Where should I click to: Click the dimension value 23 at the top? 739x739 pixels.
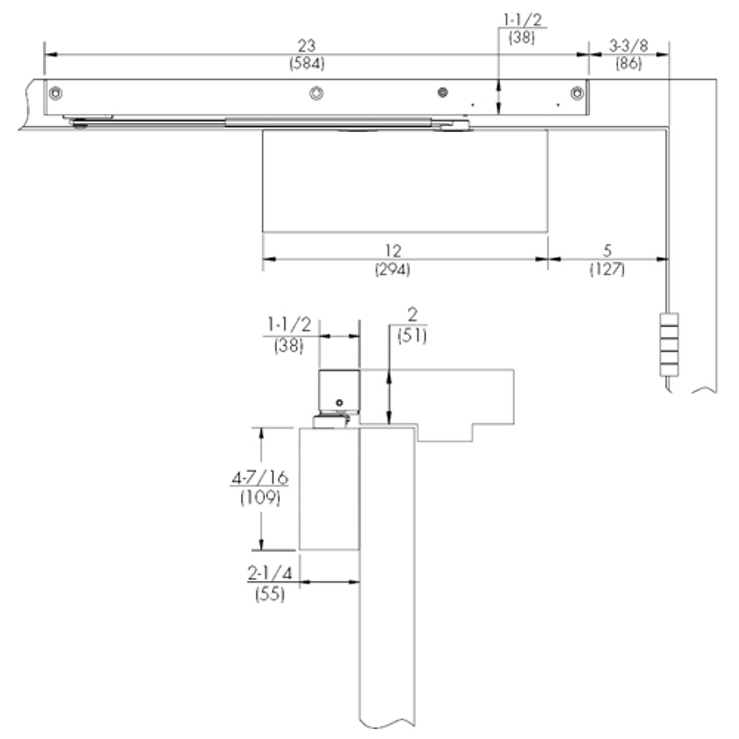point(306,46)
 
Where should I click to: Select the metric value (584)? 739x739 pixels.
point(307,64)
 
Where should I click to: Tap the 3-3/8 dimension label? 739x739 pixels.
point(628,46)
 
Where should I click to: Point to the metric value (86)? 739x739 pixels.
point(628,63)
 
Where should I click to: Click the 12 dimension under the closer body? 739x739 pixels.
point(393,251)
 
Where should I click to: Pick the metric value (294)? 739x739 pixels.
point(393,269)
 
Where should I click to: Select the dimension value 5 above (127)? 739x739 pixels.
point(607,251)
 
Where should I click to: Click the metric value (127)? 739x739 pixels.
point(607,269)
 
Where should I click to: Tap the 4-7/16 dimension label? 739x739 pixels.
point(260,478)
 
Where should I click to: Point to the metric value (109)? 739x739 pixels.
point(260,497)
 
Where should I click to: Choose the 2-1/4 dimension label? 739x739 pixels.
point(270,573)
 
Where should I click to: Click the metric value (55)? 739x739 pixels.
point(270,594)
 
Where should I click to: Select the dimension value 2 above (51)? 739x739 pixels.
point(412,315)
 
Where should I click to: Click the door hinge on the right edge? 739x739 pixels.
point(669,345)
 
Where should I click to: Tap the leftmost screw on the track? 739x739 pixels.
point(55,93)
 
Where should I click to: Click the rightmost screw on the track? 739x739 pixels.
point(577,93)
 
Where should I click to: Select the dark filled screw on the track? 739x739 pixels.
point(443,92)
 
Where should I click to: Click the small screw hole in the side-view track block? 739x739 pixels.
point(339,402)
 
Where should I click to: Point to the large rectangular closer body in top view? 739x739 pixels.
point(405,181)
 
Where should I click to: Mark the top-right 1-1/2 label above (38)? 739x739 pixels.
point(522,20)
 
